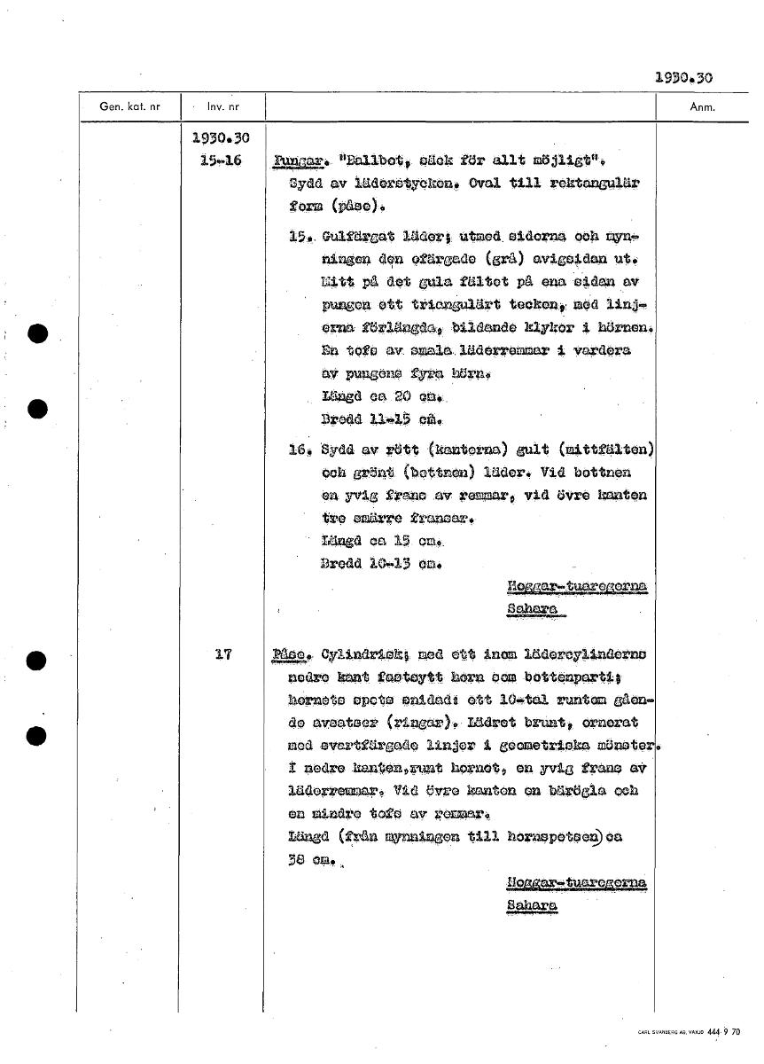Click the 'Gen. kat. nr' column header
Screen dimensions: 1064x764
tap(129, 107)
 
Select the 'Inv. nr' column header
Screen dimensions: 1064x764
tap(222, 107)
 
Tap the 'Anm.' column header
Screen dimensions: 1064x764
tap(702, 107)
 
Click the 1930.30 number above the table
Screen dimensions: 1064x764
tap(683, 78)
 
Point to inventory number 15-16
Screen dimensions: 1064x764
tap(222, 160)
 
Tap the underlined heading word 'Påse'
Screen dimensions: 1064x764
tap(292, 656)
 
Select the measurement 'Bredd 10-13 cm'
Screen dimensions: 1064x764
tap(382, 561)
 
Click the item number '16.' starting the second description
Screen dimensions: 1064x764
tap(297, 450)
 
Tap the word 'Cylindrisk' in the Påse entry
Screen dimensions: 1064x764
tap(352, 656)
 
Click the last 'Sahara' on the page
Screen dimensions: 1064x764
tap(531, 905)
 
